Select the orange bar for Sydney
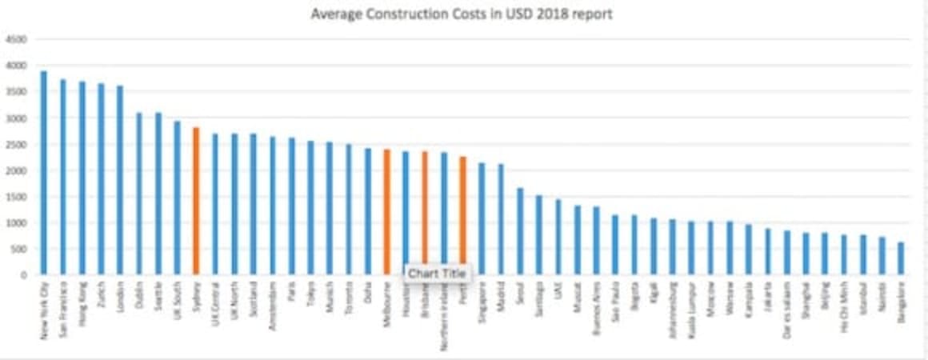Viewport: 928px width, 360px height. point(196,201)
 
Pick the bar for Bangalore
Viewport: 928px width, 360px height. point(901,258)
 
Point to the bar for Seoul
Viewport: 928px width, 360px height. point(520,231)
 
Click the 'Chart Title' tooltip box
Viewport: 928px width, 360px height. point(436,274)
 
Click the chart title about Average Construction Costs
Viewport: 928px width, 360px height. point(462,14)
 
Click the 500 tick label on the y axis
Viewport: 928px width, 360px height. point(18,249)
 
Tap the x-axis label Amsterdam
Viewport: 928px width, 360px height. point(273,303)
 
